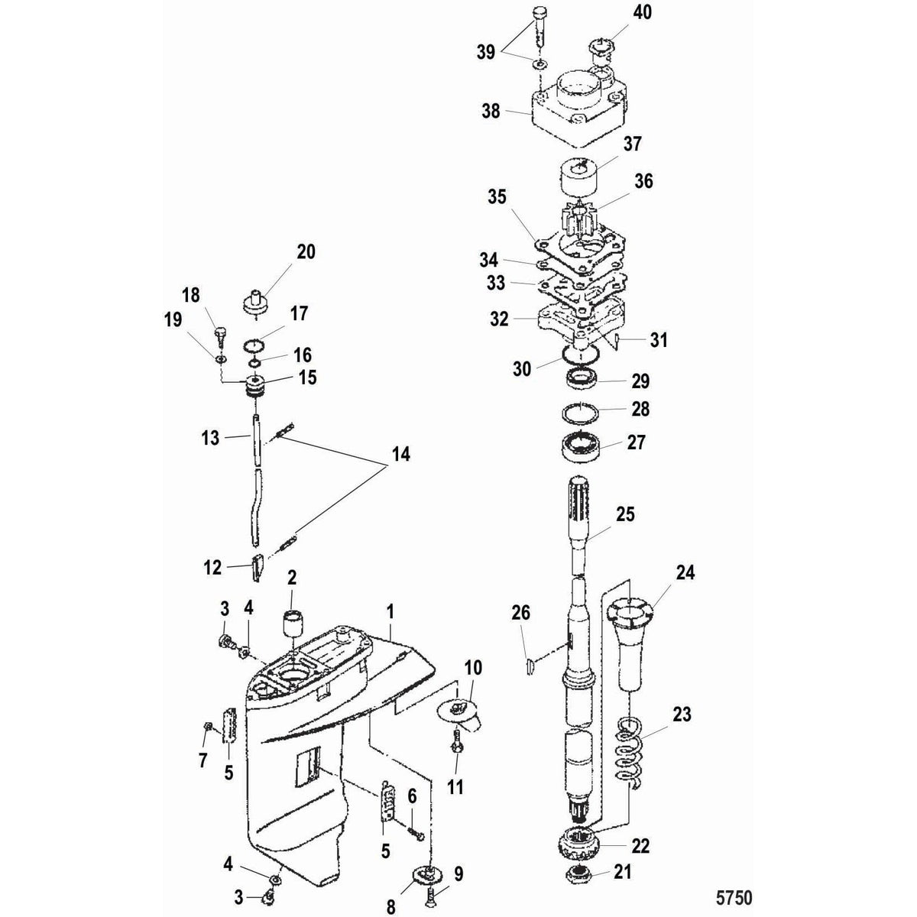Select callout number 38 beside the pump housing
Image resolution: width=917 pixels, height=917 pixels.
coord(491,111)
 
